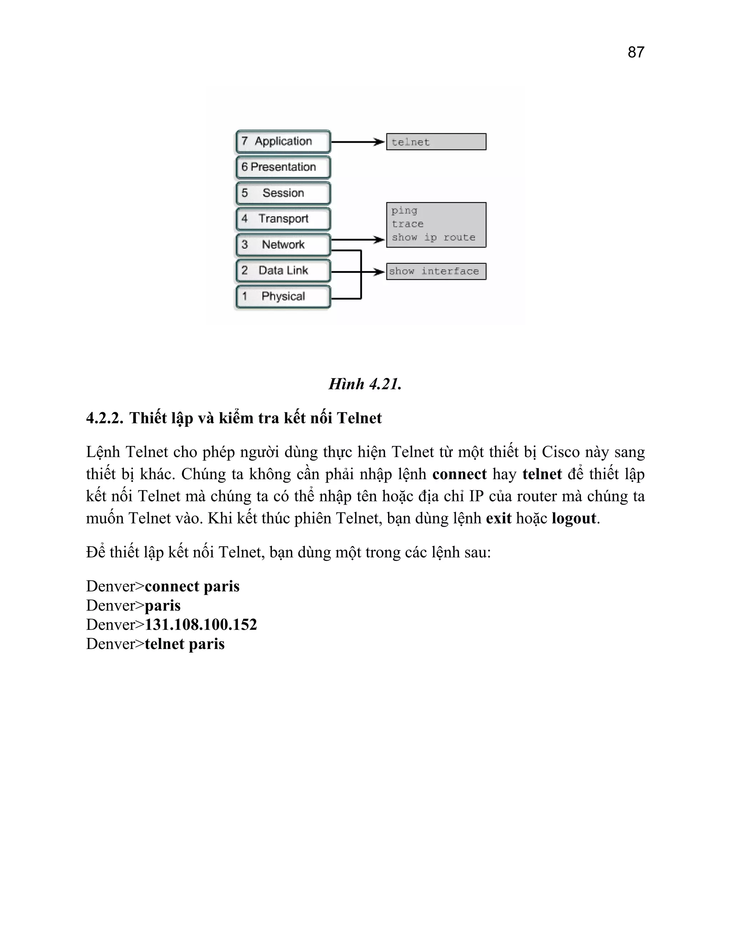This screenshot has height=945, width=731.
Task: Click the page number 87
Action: [635, 52]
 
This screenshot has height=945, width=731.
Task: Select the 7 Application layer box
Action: [283, 142]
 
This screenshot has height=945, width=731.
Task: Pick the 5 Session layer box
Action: [283, 193]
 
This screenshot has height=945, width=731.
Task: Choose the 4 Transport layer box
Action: [283, 219]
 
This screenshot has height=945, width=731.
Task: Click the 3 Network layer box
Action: [283, 245]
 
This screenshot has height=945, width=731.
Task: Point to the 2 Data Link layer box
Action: [283, 271]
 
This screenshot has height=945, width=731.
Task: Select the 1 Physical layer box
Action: [283, 297]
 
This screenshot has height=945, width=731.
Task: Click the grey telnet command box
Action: [436, 142]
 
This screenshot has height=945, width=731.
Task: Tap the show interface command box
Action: [436, 271]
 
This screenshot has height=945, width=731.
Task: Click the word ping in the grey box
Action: [404, 211]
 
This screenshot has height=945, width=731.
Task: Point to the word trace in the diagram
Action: [408, 224]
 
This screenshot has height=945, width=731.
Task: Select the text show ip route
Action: [433, 237]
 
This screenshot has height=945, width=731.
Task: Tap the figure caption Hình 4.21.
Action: [365, 384]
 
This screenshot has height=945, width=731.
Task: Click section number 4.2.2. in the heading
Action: [105, 418]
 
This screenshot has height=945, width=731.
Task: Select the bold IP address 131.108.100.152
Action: [201, 624]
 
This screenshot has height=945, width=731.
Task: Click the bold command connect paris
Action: [192, 586]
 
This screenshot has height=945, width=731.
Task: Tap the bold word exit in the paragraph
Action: [498, 519]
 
